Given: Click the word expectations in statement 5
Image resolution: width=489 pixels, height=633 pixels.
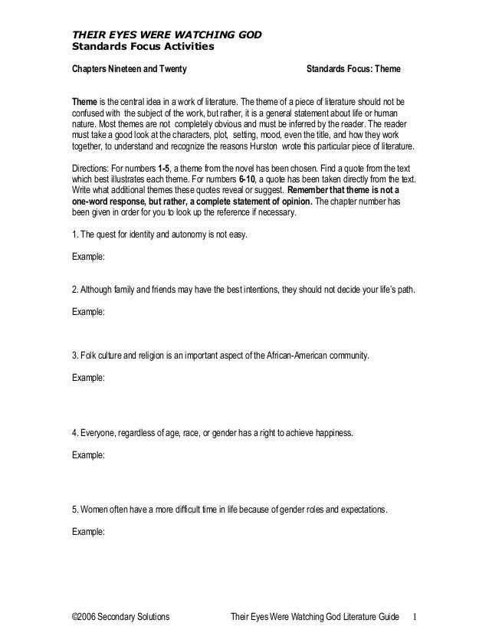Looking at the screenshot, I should (x=363, y=510).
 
